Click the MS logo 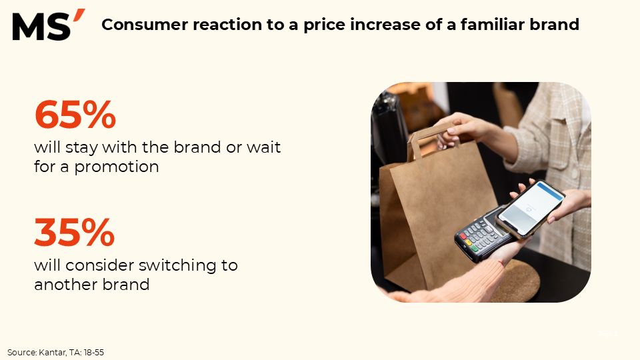tap(49, 25)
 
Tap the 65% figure tap(75, 115)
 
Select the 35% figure tap(75, 233)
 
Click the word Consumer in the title tap(145, 25)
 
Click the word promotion tap(117, 167)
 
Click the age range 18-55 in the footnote tap(93, 352)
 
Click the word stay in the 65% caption tap(81, 147)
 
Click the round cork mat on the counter tap(519, 281)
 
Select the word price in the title tap(324, 25)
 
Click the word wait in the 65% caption tap(264, 147)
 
